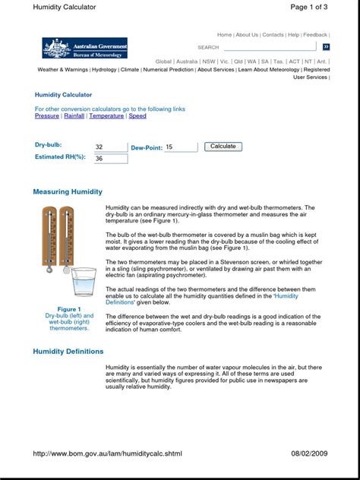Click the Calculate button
(223, 147)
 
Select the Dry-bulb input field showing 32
(111, 147)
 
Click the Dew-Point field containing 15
(181, 147)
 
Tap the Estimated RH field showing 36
(111, 159)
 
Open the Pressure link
(47, 116)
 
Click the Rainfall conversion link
(74, 116)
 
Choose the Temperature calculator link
(106, 116)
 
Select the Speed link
(137, 116)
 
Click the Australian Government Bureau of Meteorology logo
(84, 47)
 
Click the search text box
(270, 47)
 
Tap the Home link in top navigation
(225, 35)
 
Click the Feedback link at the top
(315, 35)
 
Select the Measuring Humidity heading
(73, 192)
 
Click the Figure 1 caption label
(69, 309)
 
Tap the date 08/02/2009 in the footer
(309, 453)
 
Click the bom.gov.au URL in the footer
(107, 453)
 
